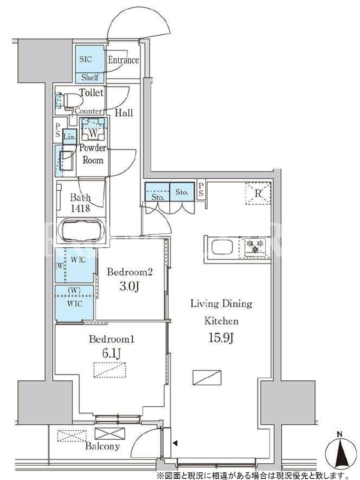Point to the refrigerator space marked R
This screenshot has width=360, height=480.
coord(258,193)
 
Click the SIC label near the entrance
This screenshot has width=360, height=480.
coord(85,59)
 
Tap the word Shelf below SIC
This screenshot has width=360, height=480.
coord(89,77)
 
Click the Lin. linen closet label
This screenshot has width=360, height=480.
coord(70,137)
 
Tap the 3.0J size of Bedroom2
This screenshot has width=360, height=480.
coord(129,287)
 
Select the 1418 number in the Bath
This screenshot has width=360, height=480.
coord(80,208)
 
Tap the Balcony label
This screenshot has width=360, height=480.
coord(102,446)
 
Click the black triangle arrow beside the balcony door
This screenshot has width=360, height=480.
coord(175,443)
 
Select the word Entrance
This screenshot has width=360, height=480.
coord(123,60)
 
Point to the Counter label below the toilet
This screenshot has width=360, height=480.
coord(88,111)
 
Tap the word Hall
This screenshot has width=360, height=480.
coord(124,113)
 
